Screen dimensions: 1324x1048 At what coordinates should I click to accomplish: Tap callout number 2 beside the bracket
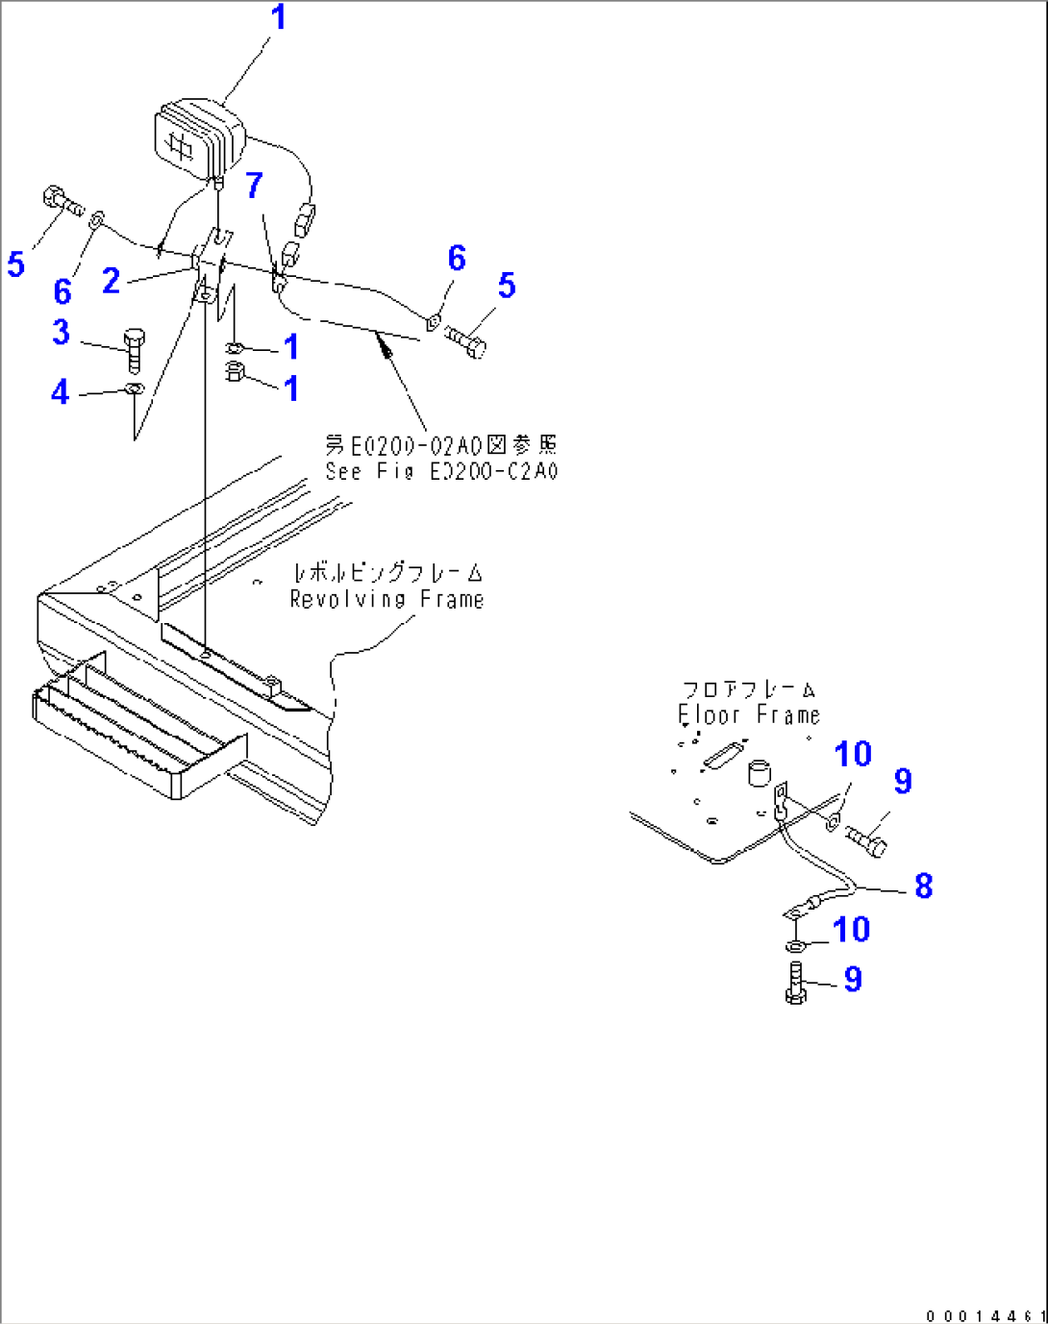point(112,281)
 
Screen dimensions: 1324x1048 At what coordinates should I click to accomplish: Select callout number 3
point(62,333)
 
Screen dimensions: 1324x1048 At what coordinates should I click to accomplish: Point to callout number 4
point(61,392)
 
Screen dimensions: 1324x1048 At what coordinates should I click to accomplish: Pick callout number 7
point(254,185)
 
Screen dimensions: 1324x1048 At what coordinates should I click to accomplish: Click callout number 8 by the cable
point(923,886)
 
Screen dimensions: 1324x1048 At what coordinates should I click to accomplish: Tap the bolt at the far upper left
point(61,202)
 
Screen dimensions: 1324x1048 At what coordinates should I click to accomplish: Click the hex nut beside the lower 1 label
point(234,373)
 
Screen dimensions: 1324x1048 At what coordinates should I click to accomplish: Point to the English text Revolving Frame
point(387,600)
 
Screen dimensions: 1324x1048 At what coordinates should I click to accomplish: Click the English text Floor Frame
point(749,715)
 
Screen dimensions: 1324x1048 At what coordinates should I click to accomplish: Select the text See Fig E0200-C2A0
point(441,471)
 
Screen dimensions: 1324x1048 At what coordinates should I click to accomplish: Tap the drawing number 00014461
point(985,1315)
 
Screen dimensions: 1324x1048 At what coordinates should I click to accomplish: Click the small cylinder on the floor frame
point(759,772)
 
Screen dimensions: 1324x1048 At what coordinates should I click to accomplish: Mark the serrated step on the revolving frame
point(125,731)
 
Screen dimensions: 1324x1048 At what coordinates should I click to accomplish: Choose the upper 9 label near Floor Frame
point(902,782)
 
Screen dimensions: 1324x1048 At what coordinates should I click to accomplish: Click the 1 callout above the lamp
point(278,17)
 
